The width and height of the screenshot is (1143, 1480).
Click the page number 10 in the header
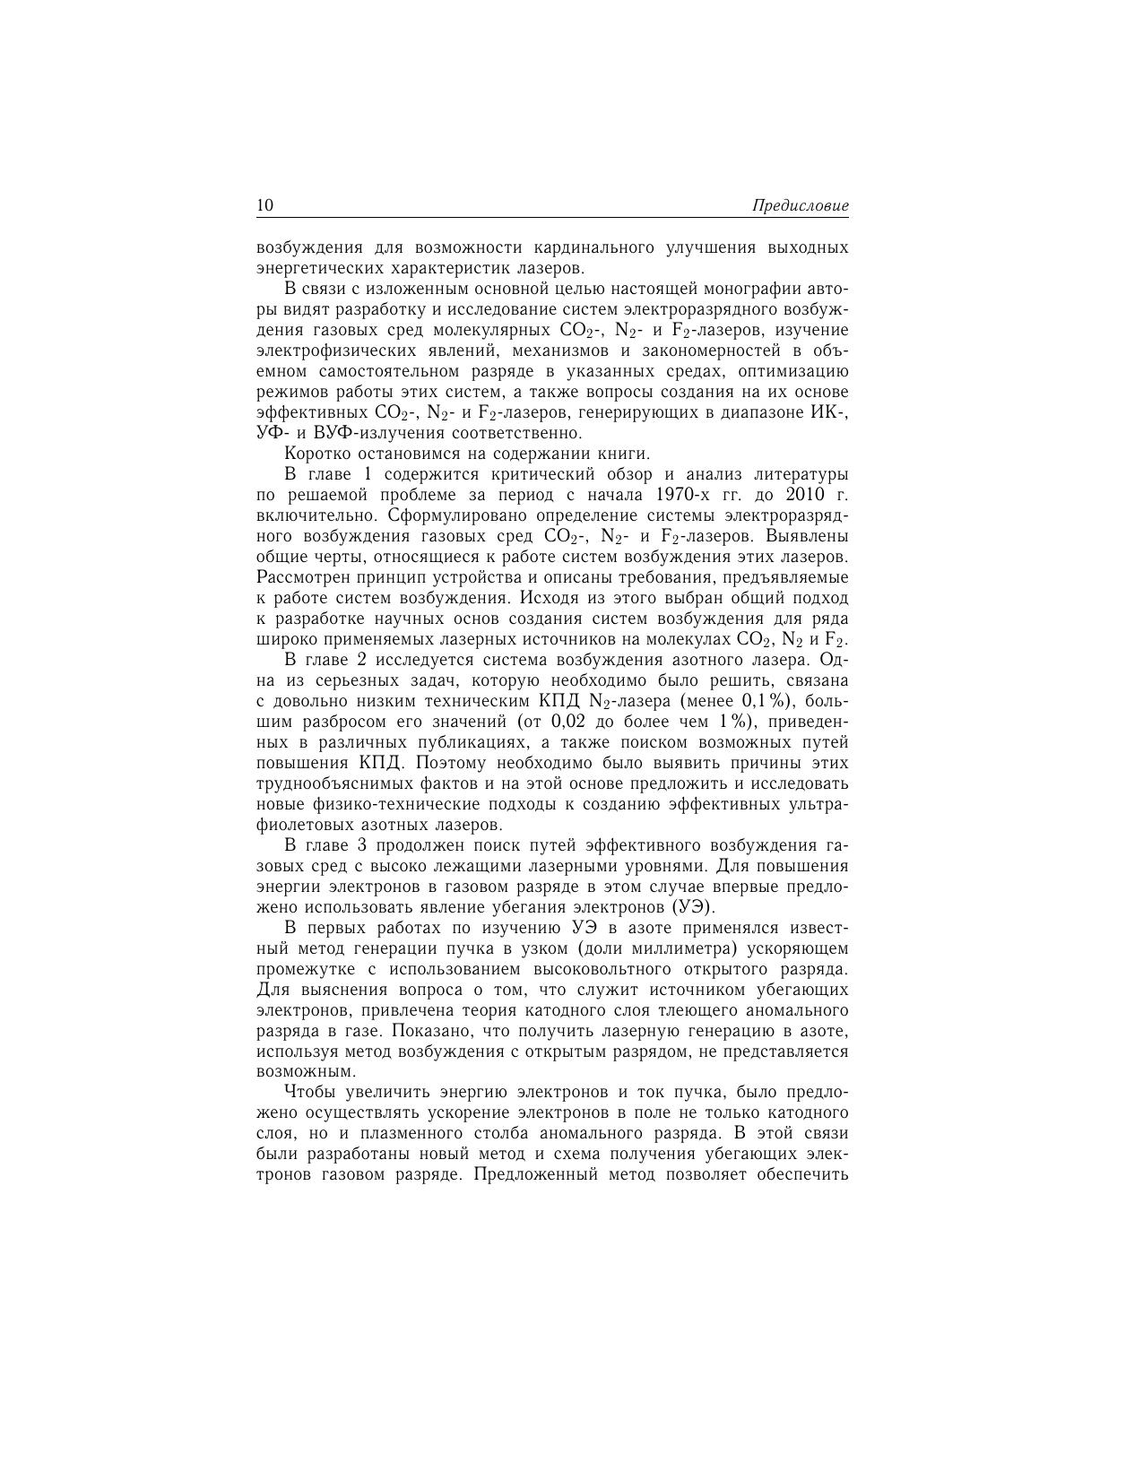[265, 205]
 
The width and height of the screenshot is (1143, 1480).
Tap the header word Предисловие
[801, 206]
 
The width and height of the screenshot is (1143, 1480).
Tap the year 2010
[806, 495]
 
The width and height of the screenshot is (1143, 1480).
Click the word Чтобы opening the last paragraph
[309, 1092]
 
